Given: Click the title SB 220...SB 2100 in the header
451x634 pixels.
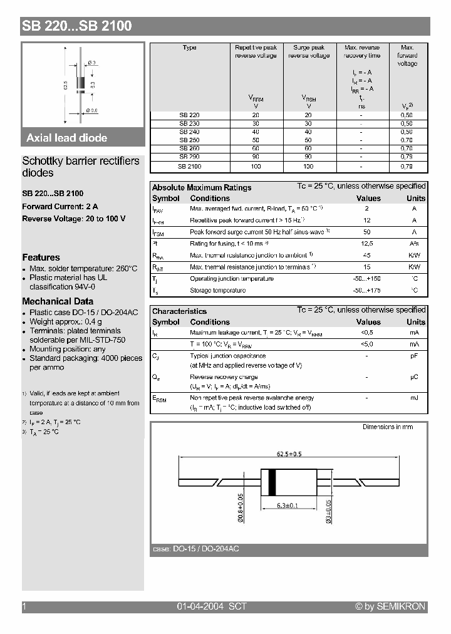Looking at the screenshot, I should pos(77,26).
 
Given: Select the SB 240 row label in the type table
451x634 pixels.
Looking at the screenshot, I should pos(189,132).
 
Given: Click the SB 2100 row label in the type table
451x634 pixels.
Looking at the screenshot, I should pos(189,167).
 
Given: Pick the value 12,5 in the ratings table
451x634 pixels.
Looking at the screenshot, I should pos(368,243).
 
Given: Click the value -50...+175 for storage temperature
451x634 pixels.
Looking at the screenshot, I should pos(368,290).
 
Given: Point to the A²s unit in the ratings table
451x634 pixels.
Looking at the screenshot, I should pos(414,243).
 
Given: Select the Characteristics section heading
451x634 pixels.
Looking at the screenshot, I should pos(179,311).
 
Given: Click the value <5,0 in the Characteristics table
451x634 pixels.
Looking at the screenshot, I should pos(368,344).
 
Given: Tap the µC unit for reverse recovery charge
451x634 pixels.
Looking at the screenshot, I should pos(414,377).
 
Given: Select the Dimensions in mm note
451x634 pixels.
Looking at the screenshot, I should pos(388,427).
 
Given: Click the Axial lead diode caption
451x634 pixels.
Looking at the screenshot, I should pos(66,138).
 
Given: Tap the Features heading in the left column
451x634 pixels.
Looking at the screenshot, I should pos(41,257).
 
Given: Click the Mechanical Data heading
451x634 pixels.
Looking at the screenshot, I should pos(58,301).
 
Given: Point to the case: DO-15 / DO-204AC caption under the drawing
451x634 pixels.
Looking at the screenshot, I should pos(195,549).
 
